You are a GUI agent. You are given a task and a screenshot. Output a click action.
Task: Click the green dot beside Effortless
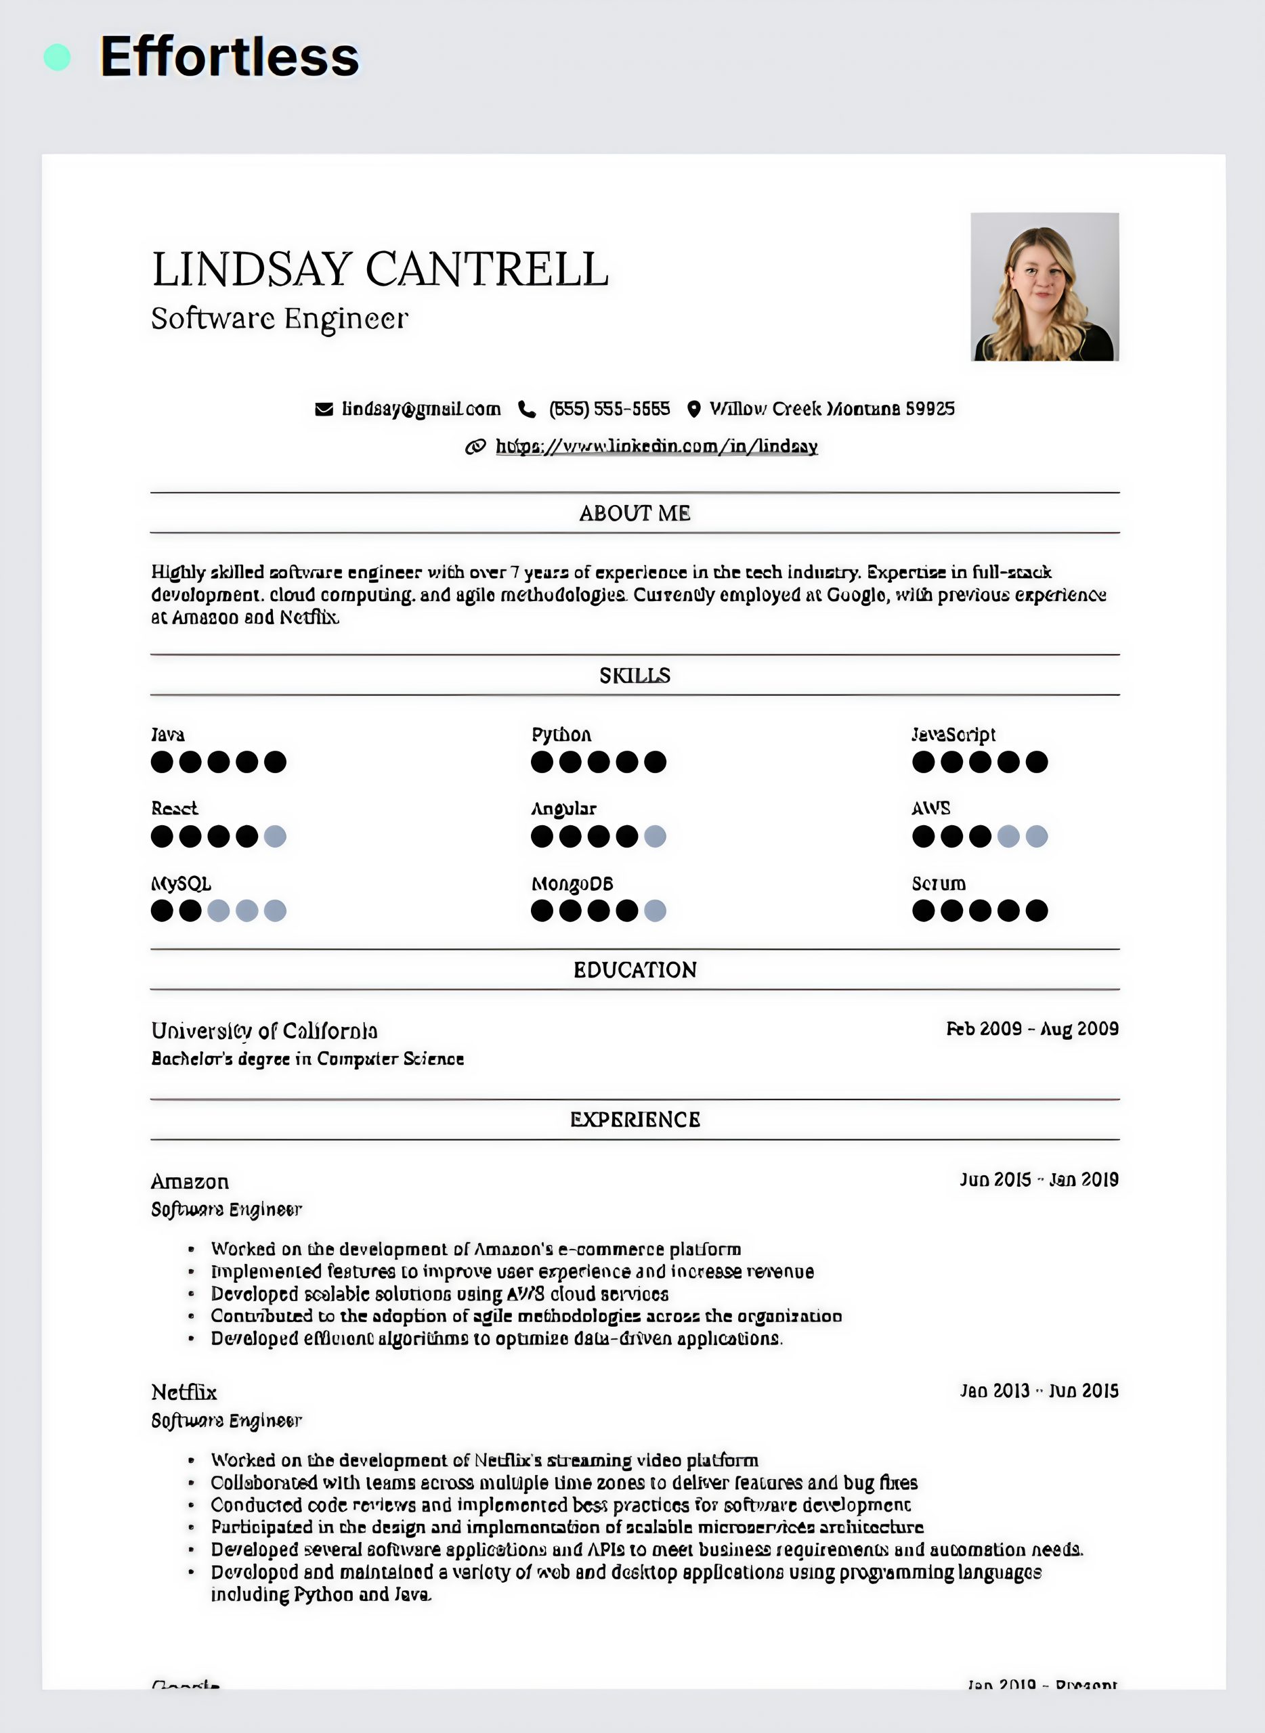coord(58,58)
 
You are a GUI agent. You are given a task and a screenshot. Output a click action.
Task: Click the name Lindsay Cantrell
coord(380,269)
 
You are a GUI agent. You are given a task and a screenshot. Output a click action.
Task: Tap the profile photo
coord(1044,287)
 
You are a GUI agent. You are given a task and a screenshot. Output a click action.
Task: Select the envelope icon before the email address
coord(324,410)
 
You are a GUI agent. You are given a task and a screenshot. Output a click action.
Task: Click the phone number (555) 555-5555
coord(609,409)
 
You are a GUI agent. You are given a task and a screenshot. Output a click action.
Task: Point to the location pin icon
coord(693,410)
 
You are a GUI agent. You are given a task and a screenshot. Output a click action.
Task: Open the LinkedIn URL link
coord(656,446)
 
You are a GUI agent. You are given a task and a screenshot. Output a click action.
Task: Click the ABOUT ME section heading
coord(635,513)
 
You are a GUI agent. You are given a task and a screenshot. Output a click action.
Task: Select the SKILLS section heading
coord(635,675)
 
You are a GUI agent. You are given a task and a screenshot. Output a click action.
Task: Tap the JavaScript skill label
coord(953,735)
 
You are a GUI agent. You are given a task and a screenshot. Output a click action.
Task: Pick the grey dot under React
coord(275,837)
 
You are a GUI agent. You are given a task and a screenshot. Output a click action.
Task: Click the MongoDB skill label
coord(572,884)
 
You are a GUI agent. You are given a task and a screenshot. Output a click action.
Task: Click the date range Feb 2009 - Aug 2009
coord(1032,1029)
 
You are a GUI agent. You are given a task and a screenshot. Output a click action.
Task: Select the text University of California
coord(264,1031)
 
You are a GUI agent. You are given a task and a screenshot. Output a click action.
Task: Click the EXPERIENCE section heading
coord(635,1120)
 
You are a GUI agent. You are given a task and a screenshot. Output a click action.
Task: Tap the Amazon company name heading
coord(190,1182)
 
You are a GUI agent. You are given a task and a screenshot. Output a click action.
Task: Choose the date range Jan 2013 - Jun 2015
coord(1039,1391)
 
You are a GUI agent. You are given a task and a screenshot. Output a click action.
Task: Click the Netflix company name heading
coord(184,1392)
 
